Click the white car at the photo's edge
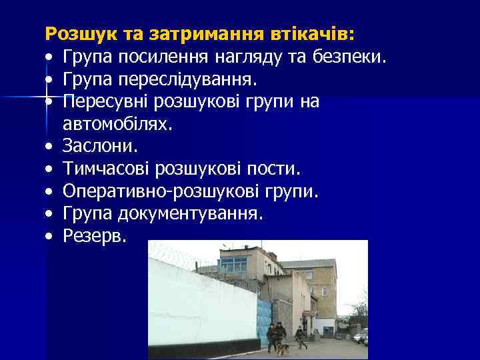pyautogui.click(x=362, y=337)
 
